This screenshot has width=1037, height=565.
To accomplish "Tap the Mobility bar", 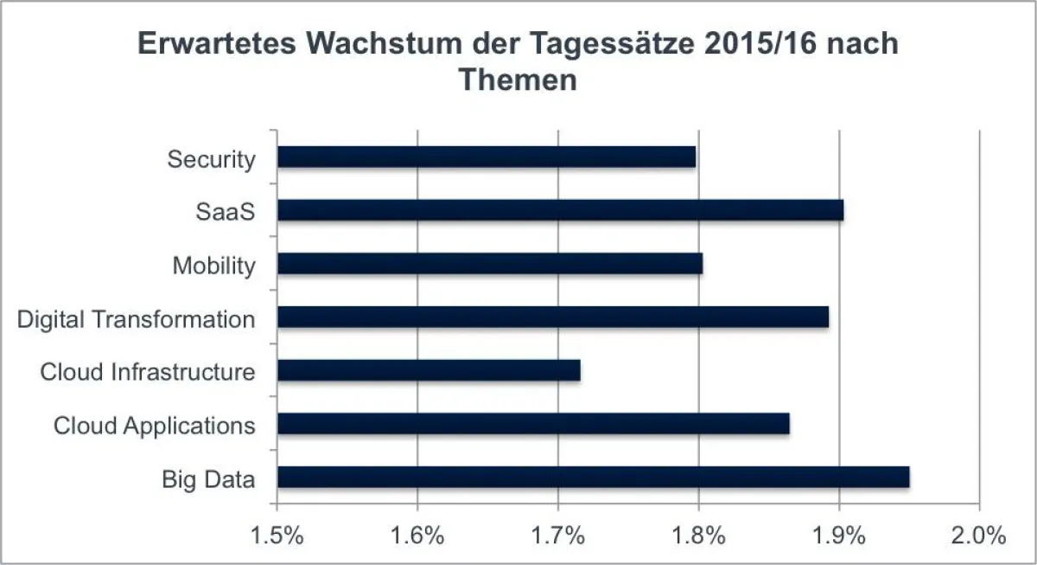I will [489, 264].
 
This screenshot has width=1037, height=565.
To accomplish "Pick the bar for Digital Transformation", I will [553, 318].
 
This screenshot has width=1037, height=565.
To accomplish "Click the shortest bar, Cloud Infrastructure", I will [429, 371].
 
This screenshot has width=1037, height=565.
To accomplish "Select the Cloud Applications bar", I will [533, 424].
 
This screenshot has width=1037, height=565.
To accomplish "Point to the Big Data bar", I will [593, 478].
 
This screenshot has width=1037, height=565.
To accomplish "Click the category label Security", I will [212, 159].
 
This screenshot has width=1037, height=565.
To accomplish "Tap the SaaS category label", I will [226, 212].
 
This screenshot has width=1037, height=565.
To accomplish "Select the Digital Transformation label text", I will [137, 319].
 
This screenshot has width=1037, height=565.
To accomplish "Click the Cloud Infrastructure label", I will [148, 372].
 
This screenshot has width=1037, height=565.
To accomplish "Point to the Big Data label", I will [208, 479].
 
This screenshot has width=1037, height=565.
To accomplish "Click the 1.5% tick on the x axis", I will [277, 535].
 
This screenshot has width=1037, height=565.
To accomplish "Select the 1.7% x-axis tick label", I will [558, 535].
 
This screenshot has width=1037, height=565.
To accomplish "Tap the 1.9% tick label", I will [839, 535].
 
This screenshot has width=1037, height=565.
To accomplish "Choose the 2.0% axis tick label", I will [979, 535].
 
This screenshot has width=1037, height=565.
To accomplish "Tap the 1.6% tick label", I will [418, 535].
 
